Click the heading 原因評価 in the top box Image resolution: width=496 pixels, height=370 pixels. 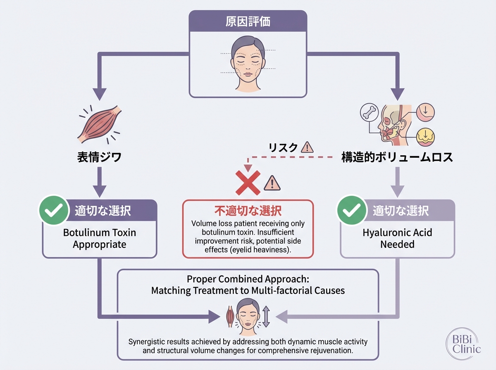click(248, 21)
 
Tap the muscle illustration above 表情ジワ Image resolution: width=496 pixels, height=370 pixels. click(99, 123)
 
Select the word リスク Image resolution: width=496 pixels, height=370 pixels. click(283, 147)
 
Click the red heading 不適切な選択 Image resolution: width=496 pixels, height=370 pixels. click(248, 211)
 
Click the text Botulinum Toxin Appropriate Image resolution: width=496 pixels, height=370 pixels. click(99, 238)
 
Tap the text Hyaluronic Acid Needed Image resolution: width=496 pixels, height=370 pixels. click(397, 238)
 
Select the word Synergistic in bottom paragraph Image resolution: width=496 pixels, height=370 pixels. click(147, 342)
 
